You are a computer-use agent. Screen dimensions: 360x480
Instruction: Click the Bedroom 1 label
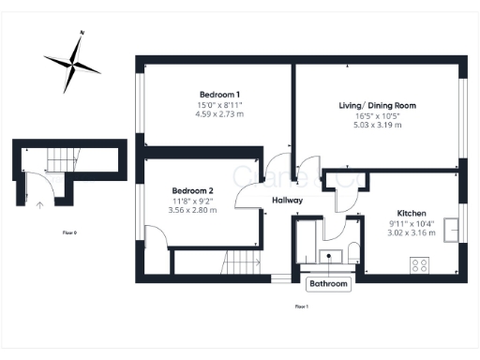(219, 94)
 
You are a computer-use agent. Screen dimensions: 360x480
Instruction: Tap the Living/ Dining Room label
(377, 105)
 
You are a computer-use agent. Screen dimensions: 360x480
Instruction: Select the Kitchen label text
(412, 213)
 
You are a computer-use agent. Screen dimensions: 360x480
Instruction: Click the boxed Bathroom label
(329, 283)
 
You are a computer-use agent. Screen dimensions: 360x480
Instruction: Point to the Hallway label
(287, 201)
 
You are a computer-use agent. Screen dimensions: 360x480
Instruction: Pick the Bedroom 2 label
(192, 190)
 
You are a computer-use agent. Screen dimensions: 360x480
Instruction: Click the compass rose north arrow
(73, 62)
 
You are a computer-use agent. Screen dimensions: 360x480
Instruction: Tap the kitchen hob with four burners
(418, 264)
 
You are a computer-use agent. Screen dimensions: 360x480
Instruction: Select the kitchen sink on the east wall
(452, 227)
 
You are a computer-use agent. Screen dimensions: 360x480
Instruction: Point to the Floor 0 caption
(69, 232)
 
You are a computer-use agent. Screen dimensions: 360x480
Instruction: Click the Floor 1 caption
(301, 306)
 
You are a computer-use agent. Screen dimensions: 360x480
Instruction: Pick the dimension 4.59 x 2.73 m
(219, 114)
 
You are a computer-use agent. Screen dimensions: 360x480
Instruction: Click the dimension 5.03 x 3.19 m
(377, 125)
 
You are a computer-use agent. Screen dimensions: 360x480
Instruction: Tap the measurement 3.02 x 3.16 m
(412, 233)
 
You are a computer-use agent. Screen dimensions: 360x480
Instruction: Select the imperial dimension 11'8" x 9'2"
(192, 201)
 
